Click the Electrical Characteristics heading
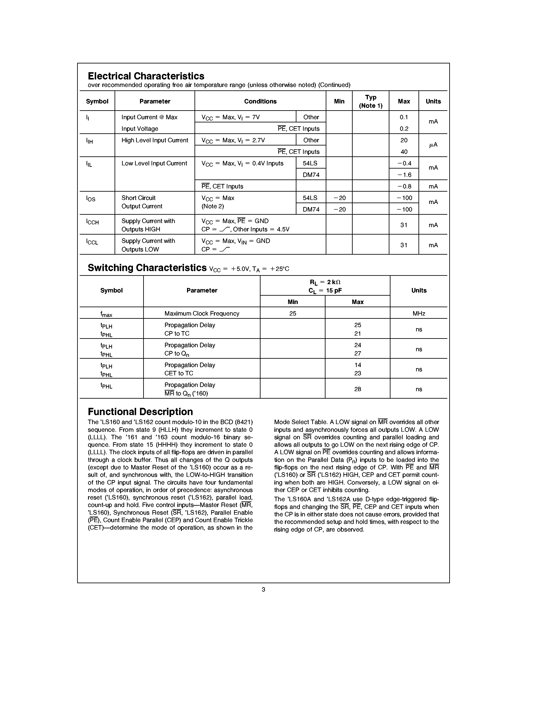click(x=146, y=76)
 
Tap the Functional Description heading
click(x=140, y=412)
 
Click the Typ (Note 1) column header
click(x=370, y=101)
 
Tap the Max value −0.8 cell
click(x=404, y=186)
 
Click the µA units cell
click(x=433, y=145)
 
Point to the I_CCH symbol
click(x=92, y=222)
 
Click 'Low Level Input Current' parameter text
click(x=154, y=163)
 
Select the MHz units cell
click(x=419, y=313)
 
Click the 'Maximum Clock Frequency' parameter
click(x=202, y=313)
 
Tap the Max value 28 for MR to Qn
click(x=357, y=389)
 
